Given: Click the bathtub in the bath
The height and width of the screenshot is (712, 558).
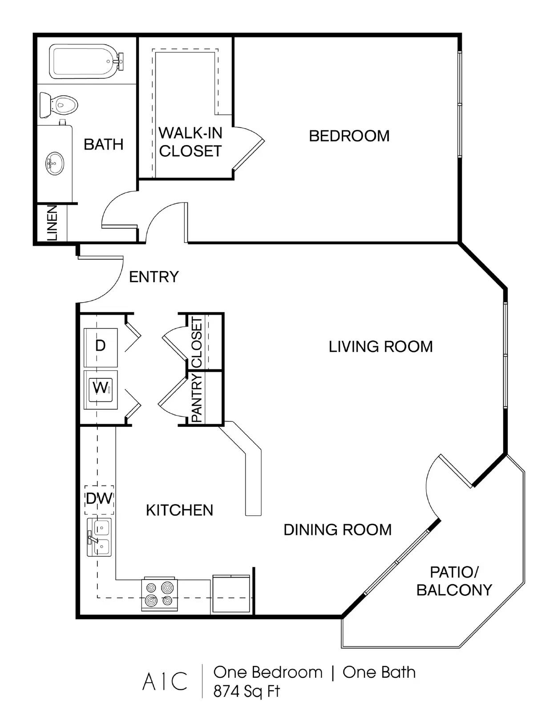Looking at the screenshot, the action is pyautogui.click(x=86, y=61).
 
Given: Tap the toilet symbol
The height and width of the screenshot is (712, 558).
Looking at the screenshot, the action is pyautogui.click(x=59, y=105).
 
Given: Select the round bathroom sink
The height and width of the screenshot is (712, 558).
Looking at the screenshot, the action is pyautogui.click(x=54, y=163).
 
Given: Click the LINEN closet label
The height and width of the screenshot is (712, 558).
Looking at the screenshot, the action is pyautogui.click(x=52, y=223).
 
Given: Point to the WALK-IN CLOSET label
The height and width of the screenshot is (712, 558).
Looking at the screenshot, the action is pyautogui.click(x=190, y=142).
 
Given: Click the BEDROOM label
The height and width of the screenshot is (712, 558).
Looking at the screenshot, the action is pyautogui.click(x=349, y=136).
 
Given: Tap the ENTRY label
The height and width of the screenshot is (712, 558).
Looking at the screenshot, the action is pyautogui.click(x=154, y=277).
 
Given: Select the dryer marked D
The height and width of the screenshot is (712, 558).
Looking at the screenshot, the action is pyautogui.click(x=101, y=347).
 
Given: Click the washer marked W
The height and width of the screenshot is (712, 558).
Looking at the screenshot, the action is pyautogui.click(x=101, y=390).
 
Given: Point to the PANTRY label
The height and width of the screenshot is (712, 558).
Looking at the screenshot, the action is pyautogui.click(x=197, y=398).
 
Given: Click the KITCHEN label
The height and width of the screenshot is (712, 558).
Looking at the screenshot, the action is pyautogui.click(x=180, y=510).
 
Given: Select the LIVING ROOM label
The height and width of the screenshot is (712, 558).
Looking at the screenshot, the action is pyautogui.click(x=381, y=347).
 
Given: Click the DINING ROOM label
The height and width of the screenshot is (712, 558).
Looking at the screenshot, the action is pyautogui.click(x=337, y=530).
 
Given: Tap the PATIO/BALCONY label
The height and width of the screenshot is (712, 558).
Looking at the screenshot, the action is pyautogui.click(x=454, y=581).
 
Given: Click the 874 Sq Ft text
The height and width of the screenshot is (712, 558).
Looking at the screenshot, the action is pyautogui.click(x=247, y=692).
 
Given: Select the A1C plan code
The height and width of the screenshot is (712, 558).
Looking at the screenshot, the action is pyautogui.click(x=165, y=681).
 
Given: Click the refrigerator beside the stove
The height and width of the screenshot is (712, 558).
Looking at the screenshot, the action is pyautogui.click(x=232, y=594).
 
